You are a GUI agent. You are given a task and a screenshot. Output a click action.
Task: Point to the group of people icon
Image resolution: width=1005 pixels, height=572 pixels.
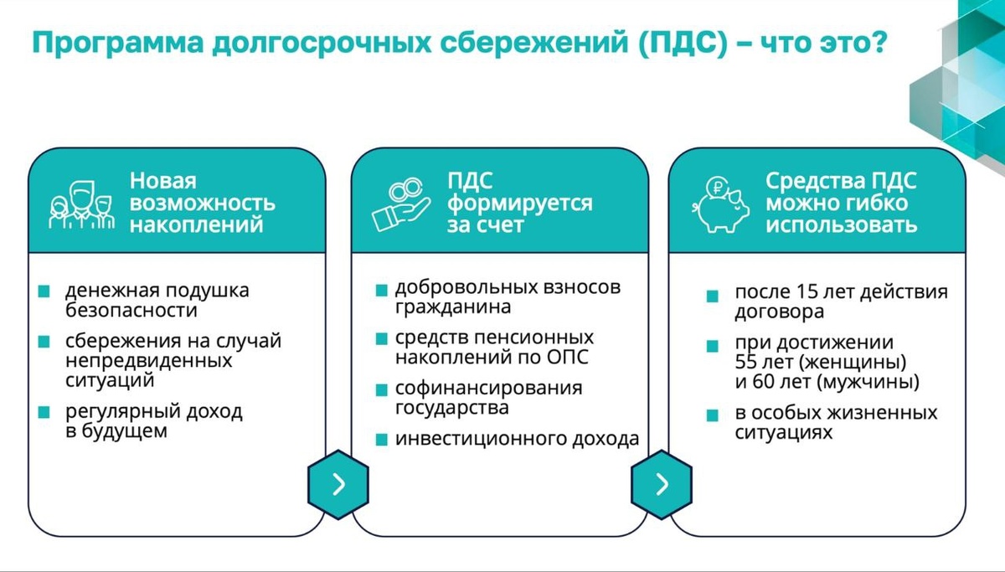tap(80, 204)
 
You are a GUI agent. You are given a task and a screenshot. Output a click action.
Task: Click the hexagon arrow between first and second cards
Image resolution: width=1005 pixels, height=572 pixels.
tap(338, 484)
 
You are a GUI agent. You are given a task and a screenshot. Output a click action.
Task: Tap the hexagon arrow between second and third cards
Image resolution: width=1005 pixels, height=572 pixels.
tap(662, 484)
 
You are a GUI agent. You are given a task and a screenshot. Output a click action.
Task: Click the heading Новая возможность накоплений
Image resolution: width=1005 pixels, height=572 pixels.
tap(202, 204)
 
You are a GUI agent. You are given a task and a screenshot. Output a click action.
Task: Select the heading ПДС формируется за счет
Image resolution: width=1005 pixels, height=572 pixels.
tap(519, 204)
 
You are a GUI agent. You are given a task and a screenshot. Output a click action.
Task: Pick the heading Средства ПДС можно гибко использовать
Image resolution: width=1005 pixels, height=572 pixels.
tap(841, 204)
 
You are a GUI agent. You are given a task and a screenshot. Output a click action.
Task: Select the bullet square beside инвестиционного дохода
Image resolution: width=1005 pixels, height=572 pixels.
tap(381, 440)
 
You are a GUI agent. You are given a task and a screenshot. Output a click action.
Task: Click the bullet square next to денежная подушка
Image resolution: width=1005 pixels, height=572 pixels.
tap(44, 292)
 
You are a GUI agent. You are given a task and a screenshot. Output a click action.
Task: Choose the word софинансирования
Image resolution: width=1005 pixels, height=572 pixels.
tap(488, 389)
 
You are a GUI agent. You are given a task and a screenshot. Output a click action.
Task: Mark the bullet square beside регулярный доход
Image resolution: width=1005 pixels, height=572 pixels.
tap(44, 413)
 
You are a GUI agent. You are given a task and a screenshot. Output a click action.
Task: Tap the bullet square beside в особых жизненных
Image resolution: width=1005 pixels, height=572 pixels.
tap(713, 415)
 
